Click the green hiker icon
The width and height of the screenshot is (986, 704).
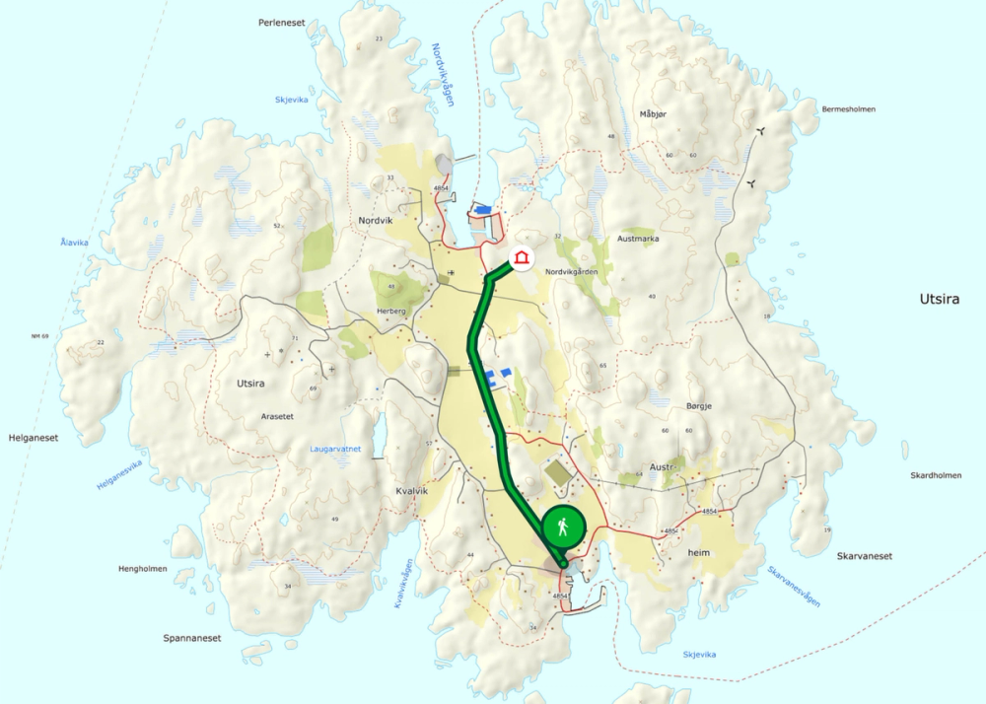coord(562,528)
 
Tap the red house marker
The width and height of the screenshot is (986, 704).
coord(521,259)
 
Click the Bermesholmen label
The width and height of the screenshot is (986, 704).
coord(848,109)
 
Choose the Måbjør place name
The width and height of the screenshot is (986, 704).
coord(653,114)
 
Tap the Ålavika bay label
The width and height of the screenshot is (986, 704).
coord(74,243)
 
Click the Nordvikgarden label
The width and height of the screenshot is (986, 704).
coord(572,271)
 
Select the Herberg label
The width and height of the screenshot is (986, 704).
coord(391,312)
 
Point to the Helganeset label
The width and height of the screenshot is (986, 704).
coord(34,438)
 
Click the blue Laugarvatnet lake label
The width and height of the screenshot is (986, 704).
coord(335,449)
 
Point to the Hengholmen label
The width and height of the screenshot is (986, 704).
coord(142,569)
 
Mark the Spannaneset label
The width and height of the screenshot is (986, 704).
coord(192,638)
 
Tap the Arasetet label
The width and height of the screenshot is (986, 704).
coord(277,417)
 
